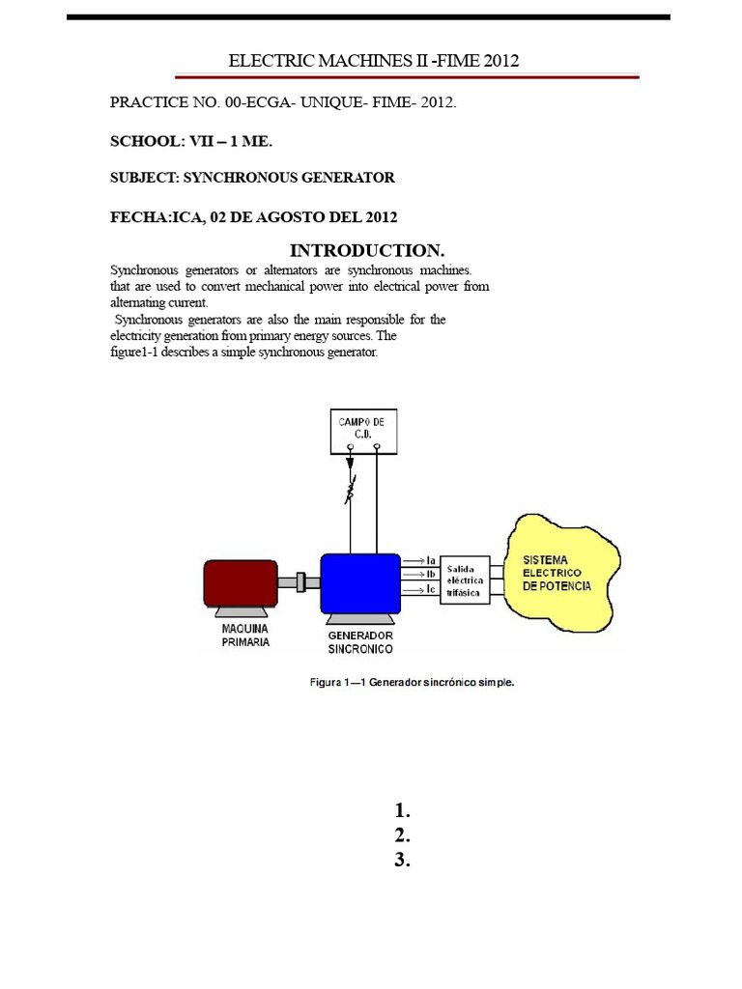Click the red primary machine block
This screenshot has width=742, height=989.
pyautogui.click(x=240, y=582)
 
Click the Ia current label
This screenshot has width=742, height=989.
pyautogui.click(x=431, y=560)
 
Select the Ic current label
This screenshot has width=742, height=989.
pyautogui.click(x=431, y=588)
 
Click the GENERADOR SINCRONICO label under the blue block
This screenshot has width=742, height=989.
pyautogui.click(x=360, y=642)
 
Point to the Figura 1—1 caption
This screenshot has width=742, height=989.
pyautogui.click(x=412, y=682)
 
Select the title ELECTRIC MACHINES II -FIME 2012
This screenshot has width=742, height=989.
pyautogui.click(x=374, y=61)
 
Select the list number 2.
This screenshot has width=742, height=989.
pyautogui.click(x=403, y=835)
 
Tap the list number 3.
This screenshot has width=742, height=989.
pyautogui.click(x=403, y=861)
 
